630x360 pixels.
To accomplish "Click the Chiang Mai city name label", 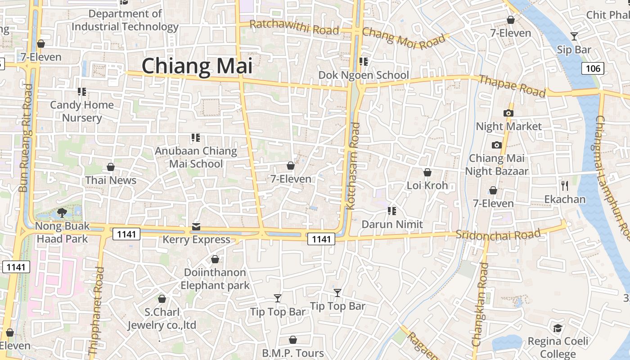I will pyautogui.click(x=197, y=66).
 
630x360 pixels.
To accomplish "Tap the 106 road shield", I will pyautogui.click(x=592, y=68).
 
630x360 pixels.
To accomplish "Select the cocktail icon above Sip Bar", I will pyautogui.click(x=574, y=36).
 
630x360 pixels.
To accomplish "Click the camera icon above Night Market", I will pyautogui.click(x=508, y=113).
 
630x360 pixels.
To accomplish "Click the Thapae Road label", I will pyautogui.click(x=512, y=85).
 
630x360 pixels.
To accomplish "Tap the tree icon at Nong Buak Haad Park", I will pyautogui.click(x=62, y=212).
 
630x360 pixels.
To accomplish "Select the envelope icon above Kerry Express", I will pyautogui.click(x=196, y=226).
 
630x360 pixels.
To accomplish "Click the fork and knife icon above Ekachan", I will pyautogui.click(x=565, y=185).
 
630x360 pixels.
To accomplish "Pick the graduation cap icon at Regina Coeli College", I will pyautogui.click(x=558, y=328).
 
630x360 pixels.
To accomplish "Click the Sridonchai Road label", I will pyautogui.click(x=498, y=234).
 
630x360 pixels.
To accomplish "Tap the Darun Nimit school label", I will pyautogui.click(x=392, y=224).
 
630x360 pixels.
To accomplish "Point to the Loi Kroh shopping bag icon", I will pyautogui.click(x=427, y=172).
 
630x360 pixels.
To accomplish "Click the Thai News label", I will pyautogui.click(x=111, y=180).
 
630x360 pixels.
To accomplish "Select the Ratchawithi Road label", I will pyautogui.click(x=294, y=27).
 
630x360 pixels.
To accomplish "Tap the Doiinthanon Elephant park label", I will pyautogui.click(x=215, y=279).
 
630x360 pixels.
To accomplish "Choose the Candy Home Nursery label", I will pyautogui.click(x=82, y=111).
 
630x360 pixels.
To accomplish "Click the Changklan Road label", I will pyautogui.click(x=480, y=304).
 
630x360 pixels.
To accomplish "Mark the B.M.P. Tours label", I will pyautogui.click(x=293, y=353).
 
